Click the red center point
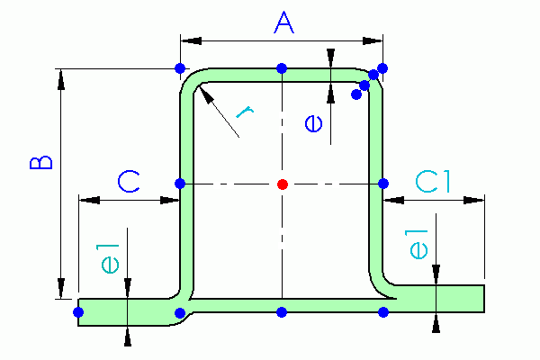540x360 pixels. (x=283, y=184)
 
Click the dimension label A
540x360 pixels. (x=284, y=22)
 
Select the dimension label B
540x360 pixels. (x=41, y=163)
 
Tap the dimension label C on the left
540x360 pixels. (x=129, y=182)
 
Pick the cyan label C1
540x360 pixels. (x=433, y=182)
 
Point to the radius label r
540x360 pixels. (x=245, y=112)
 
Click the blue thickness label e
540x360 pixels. (x=314, y=123)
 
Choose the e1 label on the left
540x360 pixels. (x=110, y=258)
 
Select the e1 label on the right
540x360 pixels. (x=418, y=244)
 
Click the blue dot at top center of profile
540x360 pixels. (x=282, y=68)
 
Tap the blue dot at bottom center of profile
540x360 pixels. (x=282, y=312)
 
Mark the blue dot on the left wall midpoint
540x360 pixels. (x=180, y=184)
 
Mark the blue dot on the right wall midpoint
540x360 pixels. (x=383, y=184)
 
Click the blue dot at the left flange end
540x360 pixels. (x=78, y=312)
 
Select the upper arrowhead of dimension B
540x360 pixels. (x=61, y=79)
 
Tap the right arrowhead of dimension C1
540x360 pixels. (x=474, y=200)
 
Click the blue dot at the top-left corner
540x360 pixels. (x=180, y=68)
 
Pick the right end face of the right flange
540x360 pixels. (x=484, y=299)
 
